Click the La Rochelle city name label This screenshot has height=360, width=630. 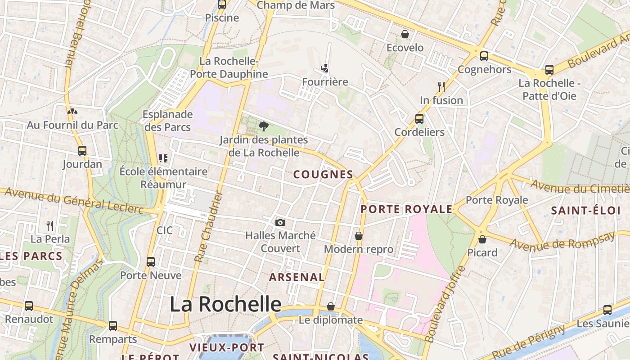point(225,305)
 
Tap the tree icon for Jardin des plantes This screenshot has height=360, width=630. point(264,126)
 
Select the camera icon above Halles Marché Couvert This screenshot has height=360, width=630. point(280,222)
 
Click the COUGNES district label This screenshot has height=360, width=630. point(323,175)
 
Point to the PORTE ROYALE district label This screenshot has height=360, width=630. point(406,209)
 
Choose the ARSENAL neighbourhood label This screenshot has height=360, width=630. point(297,277)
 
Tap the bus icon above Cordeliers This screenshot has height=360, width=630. point(419,119)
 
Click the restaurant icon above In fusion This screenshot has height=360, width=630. point(441,87)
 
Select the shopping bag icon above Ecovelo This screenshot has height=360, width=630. point(405,34)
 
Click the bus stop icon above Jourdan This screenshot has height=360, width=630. point(82,151)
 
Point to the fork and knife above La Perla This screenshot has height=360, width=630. point(50,225)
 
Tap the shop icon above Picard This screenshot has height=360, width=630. point(482,239)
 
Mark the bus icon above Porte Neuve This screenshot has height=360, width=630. point(151,262)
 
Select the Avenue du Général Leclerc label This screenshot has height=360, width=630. point(74,201)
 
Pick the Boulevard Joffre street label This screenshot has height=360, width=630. point(444,304)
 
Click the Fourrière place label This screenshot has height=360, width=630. point(325,82)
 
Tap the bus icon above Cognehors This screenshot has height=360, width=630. point(484,56)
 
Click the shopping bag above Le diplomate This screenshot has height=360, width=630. point(331,306)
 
